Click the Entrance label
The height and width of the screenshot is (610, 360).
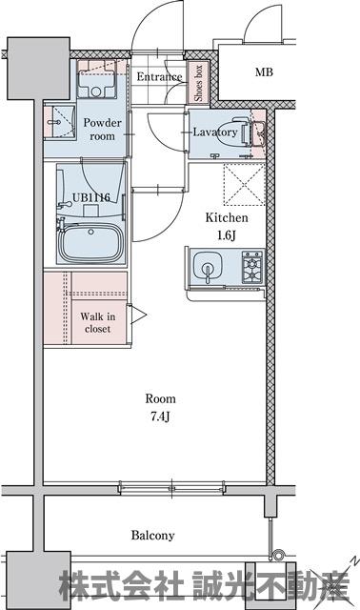[x=159, y=76]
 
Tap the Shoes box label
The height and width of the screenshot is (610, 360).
[x=198, y=83]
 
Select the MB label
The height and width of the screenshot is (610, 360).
[x=264, y=72]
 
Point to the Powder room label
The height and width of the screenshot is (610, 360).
[x=102, y=130]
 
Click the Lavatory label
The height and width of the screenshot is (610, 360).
[x=215, y=132]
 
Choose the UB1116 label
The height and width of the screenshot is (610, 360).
[x=91, y=197]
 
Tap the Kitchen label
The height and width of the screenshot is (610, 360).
[x=227, y=217]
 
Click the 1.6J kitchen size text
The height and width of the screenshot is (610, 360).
[x=227, y=235]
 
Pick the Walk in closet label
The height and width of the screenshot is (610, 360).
[x=97, y=322]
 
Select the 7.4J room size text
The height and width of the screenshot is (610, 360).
[x=161, y=417]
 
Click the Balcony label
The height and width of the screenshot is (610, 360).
[x=152, y=536]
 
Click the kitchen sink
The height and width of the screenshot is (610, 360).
[x=208, y=267]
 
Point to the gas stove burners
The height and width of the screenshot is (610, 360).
[x=252, y=267]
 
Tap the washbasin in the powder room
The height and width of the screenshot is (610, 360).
[x=59, y=122]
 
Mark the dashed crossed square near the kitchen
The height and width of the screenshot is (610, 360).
[x=244, y=185]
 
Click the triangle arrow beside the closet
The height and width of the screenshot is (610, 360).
[x=138, y=315]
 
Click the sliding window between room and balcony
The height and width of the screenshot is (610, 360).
[x=171, y=488]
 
